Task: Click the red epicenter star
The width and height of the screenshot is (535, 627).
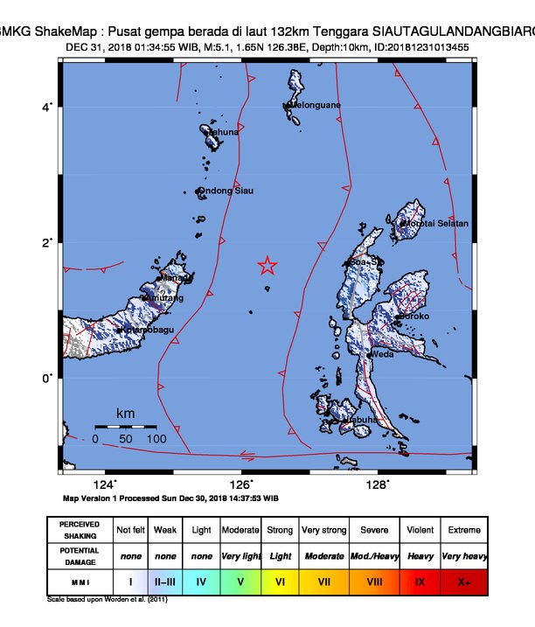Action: click(x=267, y=267)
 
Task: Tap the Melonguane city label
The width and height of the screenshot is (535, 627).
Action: click(x=315, y=105)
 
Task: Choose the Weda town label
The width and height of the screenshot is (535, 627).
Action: click(x=382, y=355)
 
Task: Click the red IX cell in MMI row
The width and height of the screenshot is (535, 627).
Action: click(x=420, y=580)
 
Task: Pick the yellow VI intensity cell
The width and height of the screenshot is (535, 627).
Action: click(x=280, y=580)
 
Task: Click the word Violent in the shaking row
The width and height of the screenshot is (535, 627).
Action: click(x=420, y=530)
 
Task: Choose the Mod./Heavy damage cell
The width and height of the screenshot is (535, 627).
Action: click(x=373, y=555)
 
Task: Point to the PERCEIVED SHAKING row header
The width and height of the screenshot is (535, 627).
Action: click(x=80, y=530)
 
